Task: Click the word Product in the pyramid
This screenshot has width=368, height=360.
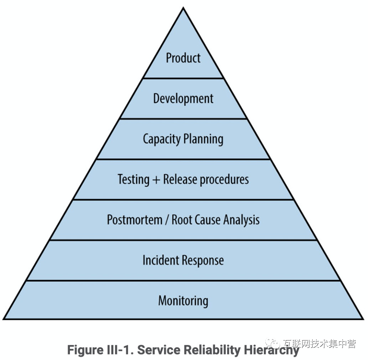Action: [183, 58]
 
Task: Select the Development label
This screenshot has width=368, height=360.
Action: [183, 98]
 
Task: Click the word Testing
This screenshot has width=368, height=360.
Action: [133, 179]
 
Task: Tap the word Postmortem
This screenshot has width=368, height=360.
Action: [134, 220]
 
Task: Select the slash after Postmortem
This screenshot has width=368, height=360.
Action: [167, 220]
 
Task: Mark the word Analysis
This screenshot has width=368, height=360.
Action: [242, 220]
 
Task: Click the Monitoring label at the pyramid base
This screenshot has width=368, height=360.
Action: [183, 301]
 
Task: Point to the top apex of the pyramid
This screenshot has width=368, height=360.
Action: [183, 8]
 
